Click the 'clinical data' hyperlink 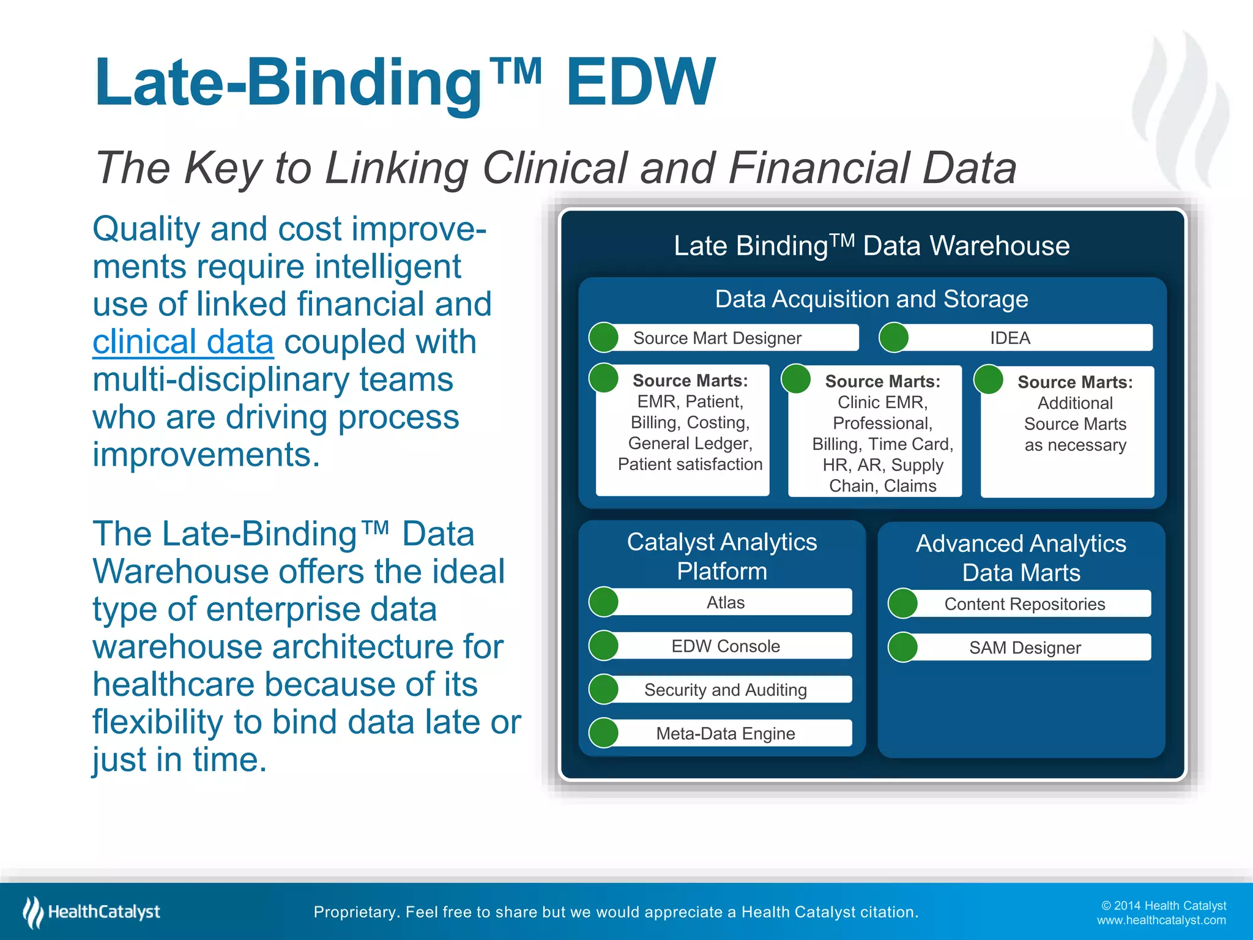click(x=183, y=341)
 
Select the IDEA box click(x=1016, y=338)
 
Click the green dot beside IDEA click(x=893, y=338)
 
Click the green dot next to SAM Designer click(x=902, y=647)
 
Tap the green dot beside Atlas click(x=604, y=602)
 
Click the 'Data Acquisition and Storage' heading click(x=871, y=299)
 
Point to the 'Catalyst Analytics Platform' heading click(x=722, y=556)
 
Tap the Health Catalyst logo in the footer click(x=92, y=912)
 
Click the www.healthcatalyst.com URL click(x=1161, y=920)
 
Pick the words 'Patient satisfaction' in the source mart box click(x=690, y=464)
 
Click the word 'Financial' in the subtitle click(x=818, y=168)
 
